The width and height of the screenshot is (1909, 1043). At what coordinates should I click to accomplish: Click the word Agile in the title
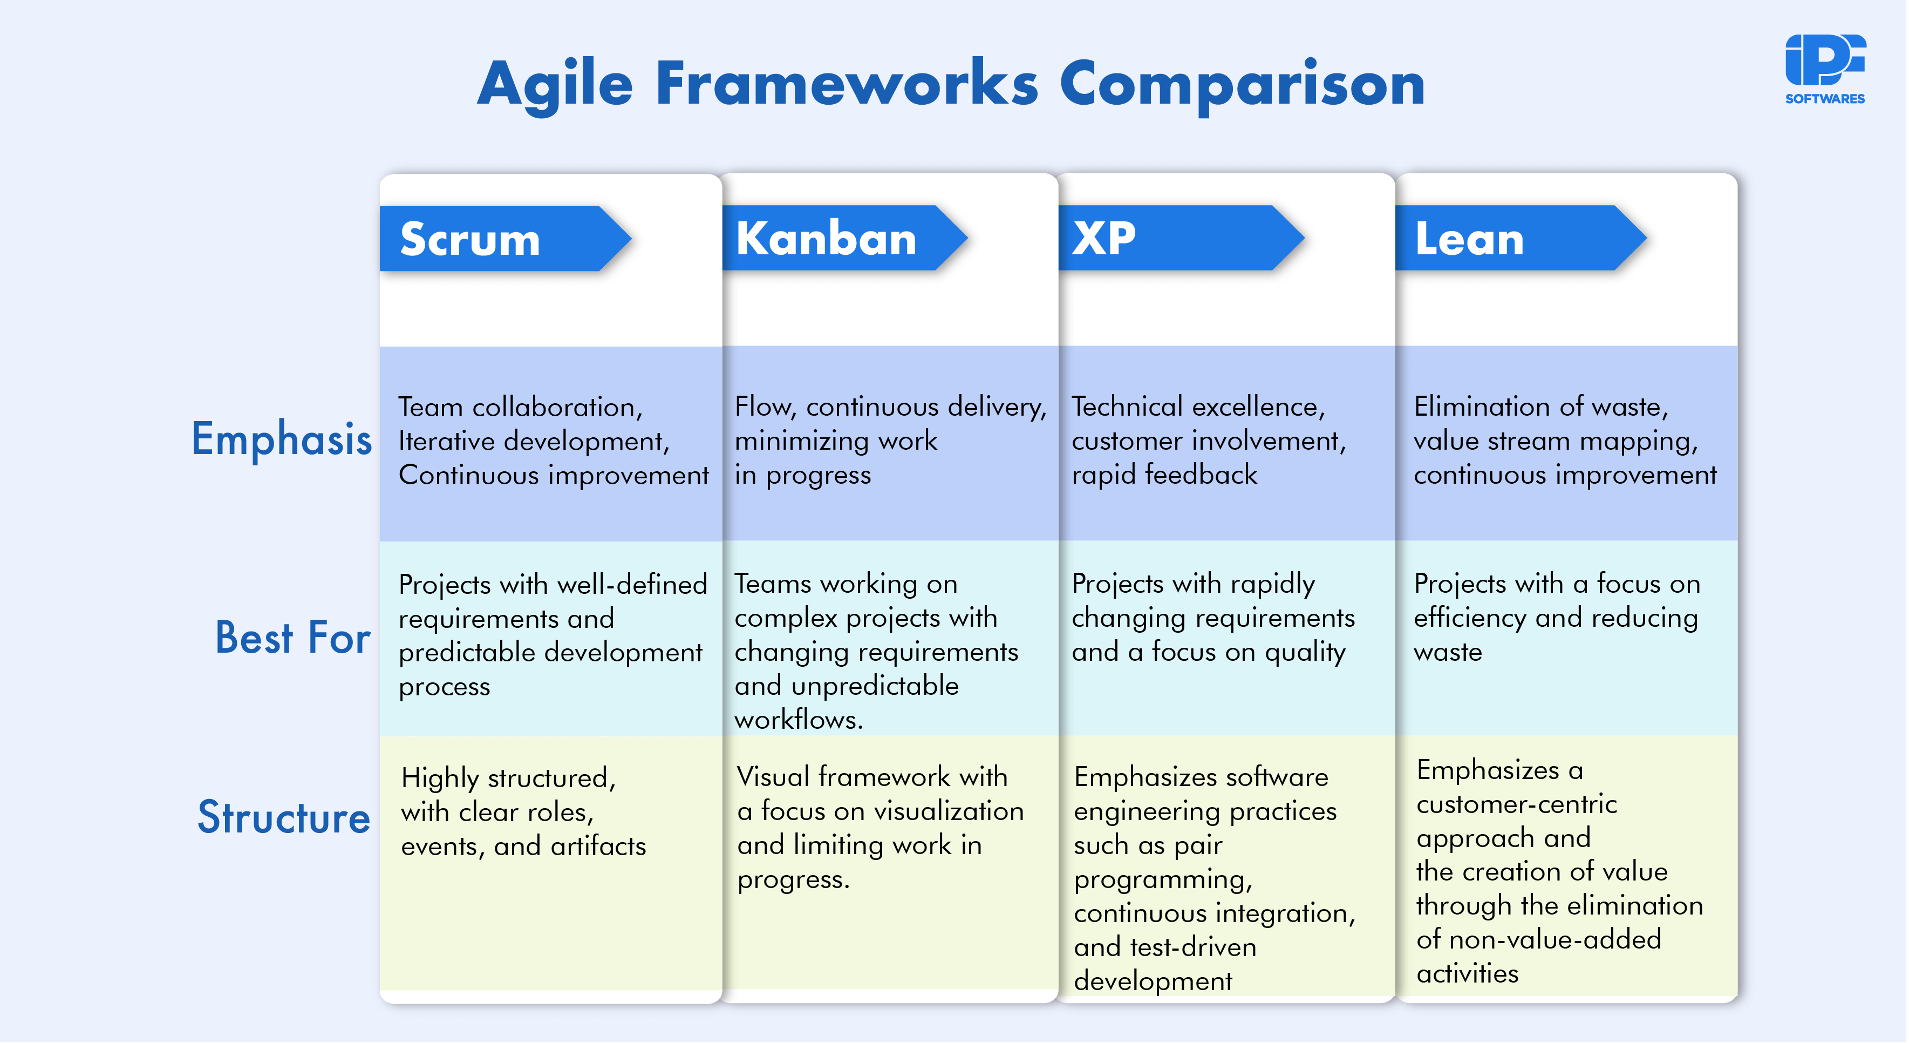coord(554,85)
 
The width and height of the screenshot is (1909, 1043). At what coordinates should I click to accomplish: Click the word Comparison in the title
coord(1242,85)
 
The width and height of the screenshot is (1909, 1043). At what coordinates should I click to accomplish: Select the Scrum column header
coord(470,240)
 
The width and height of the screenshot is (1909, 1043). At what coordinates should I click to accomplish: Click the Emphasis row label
coord(281,439)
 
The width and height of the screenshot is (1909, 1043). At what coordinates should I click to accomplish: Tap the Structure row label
coord(283,818)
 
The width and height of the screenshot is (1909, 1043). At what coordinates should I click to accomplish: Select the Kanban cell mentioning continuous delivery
coord(889,441)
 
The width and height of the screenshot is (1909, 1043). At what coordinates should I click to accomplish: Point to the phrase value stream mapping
coord(1555,441)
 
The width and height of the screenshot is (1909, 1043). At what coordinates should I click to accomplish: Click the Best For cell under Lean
coord(1556,618)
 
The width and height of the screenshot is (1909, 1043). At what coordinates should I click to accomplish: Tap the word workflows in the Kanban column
coord(797,720)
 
